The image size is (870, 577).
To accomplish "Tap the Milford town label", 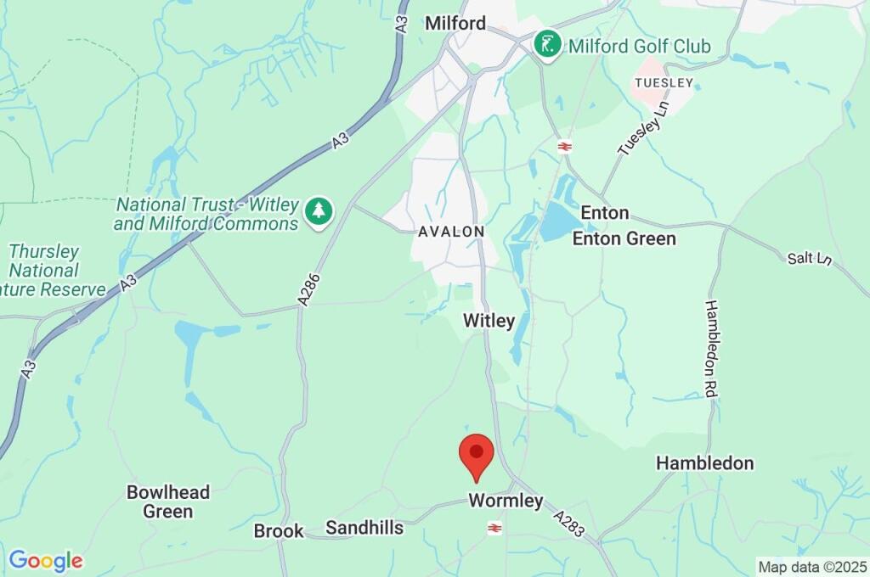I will [x=455, y=23].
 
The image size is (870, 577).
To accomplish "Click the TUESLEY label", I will [x=664, y=82].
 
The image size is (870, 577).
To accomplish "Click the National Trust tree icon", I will [x=319, y=211].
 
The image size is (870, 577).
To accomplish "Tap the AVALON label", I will [x=450, y=232].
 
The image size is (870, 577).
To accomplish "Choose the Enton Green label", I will [x=624, y=238].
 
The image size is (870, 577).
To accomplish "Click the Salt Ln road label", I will [x=809, y=258].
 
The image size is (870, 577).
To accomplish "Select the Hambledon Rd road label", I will [x=711, y=348].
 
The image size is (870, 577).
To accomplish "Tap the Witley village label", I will [x=489, y=321].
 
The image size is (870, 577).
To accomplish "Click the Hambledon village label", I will [x=704, y=463].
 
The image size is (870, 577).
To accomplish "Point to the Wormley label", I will [x=506, y=501].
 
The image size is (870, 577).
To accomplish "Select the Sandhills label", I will [x=364, y=528].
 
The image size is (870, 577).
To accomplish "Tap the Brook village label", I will [x=279, y=531].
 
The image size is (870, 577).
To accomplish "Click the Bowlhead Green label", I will [x=167, y=501].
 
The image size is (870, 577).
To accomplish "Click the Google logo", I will [x=46, y=561].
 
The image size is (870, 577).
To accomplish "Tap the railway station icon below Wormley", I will [x=494, y=528].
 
